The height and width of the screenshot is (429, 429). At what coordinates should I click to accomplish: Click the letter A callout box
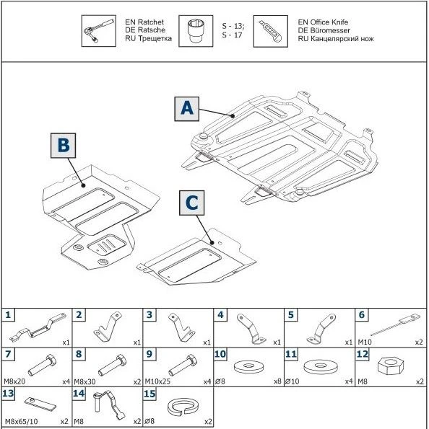tap(187, 108)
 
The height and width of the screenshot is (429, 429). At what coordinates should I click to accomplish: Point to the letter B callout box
tap(64, 146)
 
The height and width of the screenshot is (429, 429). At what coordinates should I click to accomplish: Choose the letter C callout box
tap(191, 203)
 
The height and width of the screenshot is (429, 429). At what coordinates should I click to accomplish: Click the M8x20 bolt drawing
tap(43, 363)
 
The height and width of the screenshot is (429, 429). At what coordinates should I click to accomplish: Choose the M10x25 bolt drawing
tap(183, 362)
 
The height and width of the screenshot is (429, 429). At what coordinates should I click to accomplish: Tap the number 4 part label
tap(220, 314)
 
